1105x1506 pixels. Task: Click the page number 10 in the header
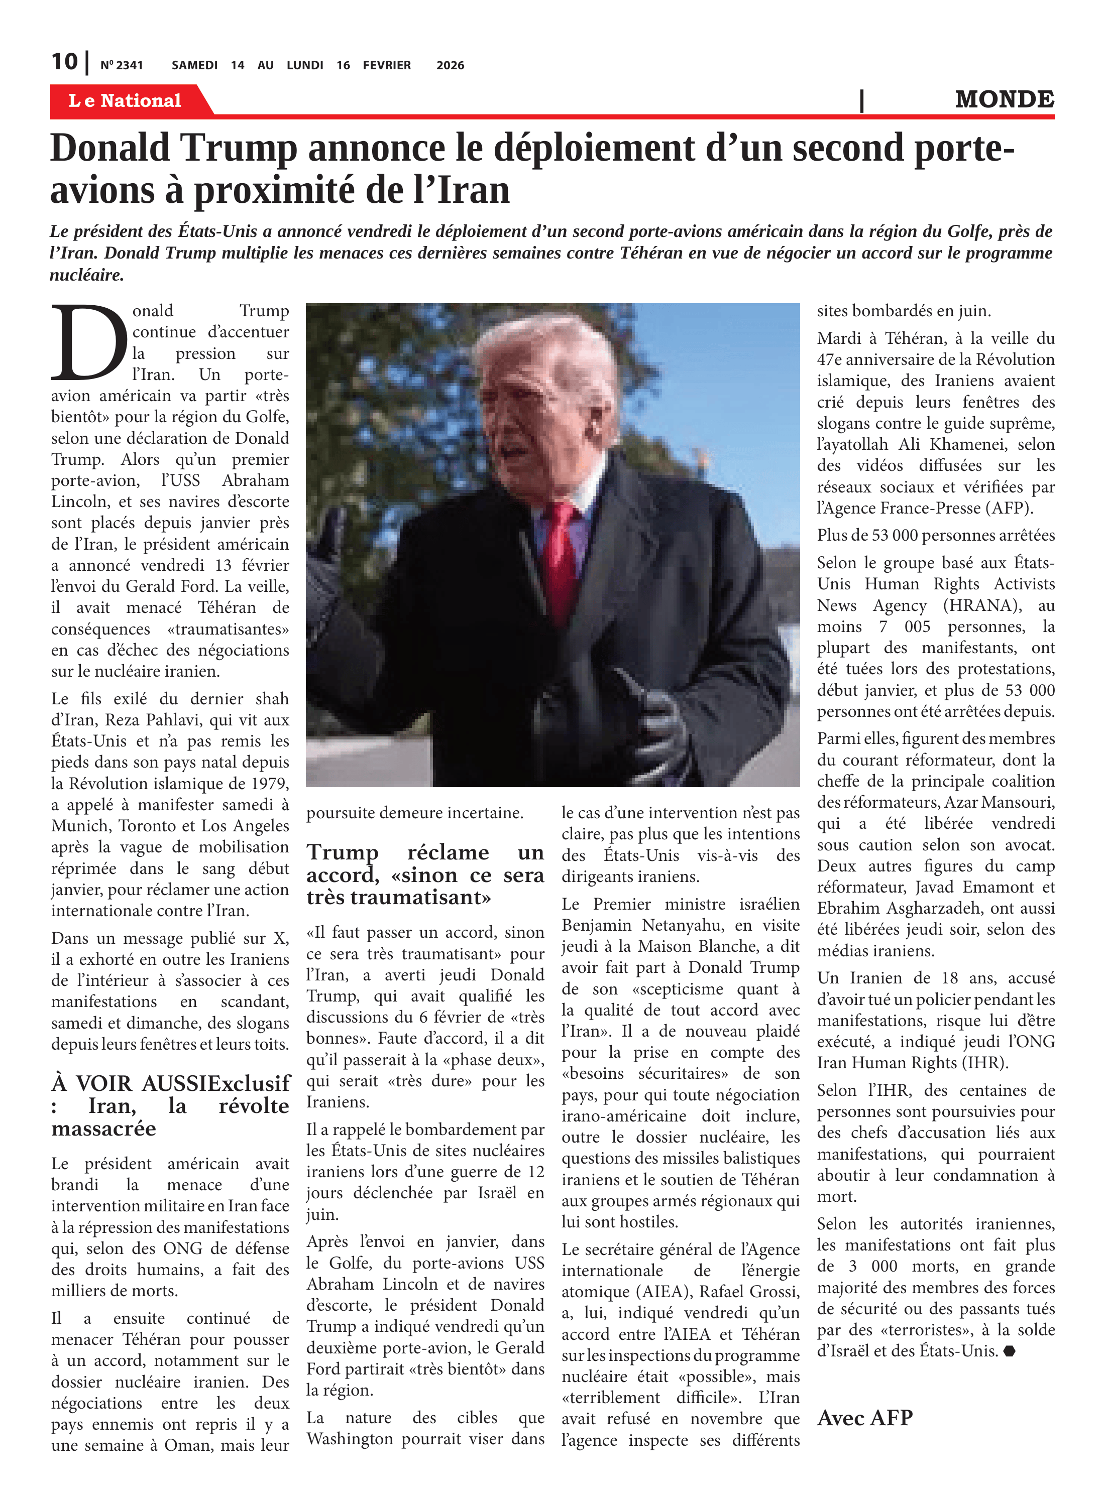click(x=64, y=62)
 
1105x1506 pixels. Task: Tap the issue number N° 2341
click(x=121, y=65)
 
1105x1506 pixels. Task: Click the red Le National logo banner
click(x=125, y=101)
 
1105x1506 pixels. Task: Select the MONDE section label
click(x=1004, y=99)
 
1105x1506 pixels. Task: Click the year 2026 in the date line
click(x=450, y=65)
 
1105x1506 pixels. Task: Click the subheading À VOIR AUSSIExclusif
click(x=171, y=1083)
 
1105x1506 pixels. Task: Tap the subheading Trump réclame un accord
click(x=425, y=874)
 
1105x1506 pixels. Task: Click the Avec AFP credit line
click(x=864, y=1418)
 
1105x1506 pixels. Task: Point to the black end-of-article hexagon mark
click(x=1010, y=1351)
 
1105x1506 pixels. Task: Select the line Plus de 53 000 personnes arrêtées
click(x=935, y=536)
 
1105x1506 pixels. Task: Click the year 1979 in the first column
click(x=271, y=784)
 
